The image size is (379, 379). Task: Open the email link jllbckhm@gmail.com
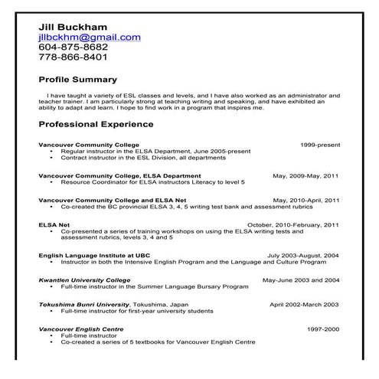click(90, 36)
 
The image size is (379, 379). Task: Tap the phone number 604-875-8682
click(73, 46)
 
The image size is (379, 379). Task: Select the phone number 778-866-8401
click(73, 57)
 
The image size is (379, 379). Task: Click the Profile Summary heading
click(77, 80)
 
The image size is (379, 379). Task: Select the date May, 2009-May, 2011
click(305, 176)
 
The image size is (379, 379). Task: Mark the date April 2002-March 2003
click(304, 305)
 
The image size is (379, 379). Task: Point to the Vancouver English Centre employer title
click(82, 329)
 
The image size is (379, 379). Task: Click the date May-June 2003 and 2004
click(301, 280)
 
